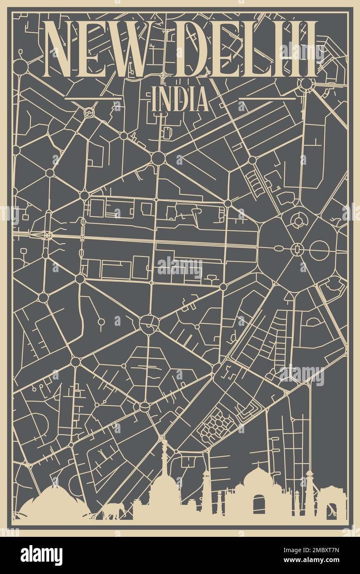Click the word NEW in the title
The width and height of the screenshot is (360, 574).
[95, 49]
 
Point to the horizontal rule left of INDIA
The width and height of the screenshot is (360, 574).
[93, 99]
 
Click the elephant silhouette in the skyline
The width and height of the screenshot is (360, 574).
[114, 512]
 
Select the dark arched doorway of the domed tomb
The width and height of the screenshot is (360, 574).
[259, 505]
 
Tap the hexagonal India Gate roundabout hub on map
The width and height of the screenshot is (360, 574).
[296, 249]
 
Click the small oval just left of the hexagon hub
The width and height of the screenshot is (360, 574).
[279, 248]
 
